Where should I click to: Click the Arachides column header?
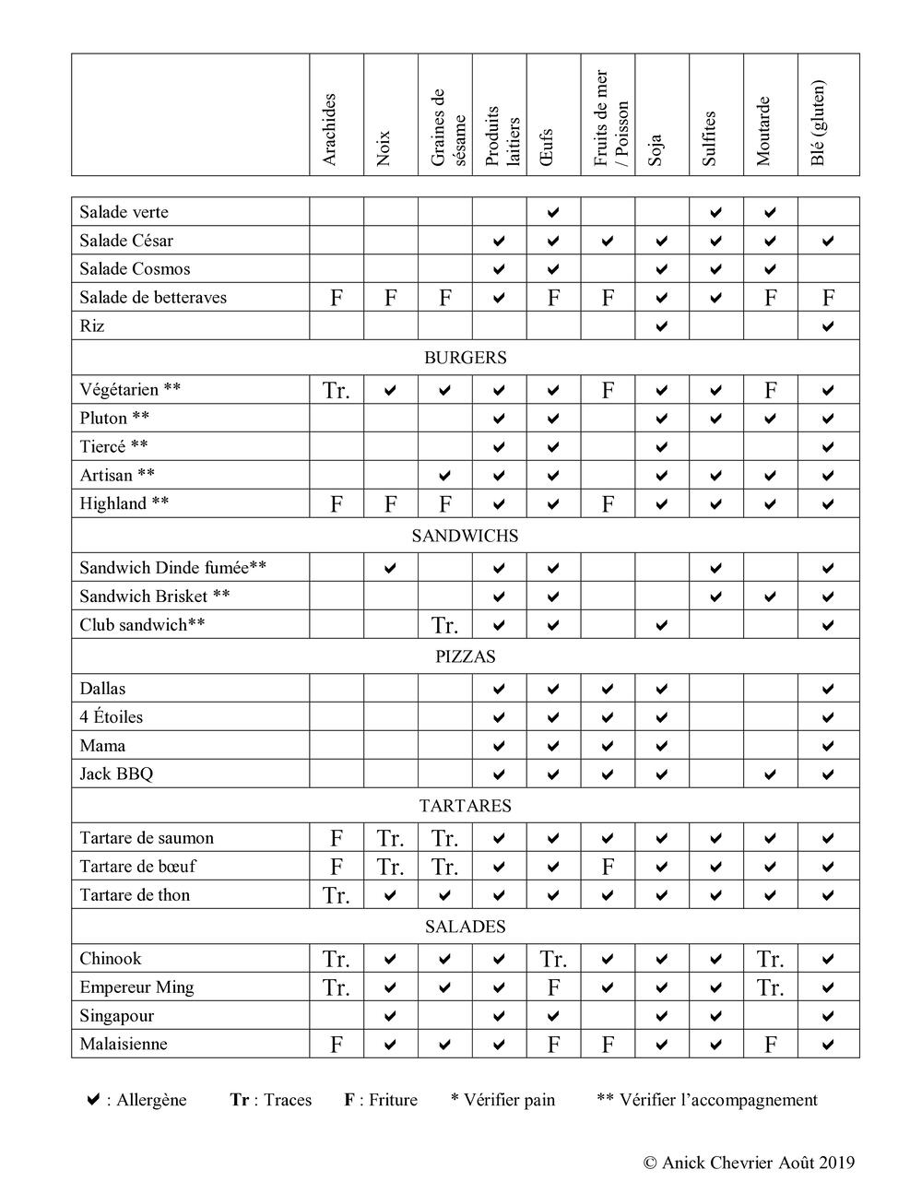point(330,130)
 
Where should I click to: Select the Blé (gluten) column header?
point(819,124)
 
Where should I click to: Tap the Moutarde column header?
point(763,131)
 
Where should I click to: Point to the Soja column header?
point(656,150)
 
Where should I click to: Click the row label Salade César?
point(126,241)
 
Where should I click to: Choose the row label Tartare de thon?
point(135,895)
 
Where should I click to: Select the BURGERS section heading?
point(465,358)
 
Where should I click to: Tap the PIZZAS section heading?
point(465,656)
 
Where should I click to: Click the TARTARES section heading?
point(465,806)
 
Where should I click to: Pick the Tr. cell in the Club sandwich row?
point(444,625)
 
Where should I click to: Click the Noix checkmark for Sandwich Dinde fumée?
point(390,568)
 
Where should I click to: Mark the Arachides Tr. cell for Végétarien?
point(337,390)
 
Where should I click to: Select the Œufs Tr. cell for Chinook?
point(553,960)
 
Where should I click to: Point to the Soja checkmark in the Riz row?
point(661,326)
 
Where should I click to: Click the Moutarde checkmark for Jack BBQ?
point(770,774)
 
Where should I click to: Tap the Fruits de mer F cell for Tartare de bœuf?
point(608,867)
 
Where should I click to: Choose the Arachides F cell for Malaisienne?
point(337,1045)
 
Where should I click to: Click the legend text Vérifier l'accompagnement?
point(707,1100)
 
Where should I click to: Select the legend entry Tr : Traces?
point(271,1100)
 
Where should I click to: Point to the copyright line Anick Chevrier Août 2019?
point(749,1163)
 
